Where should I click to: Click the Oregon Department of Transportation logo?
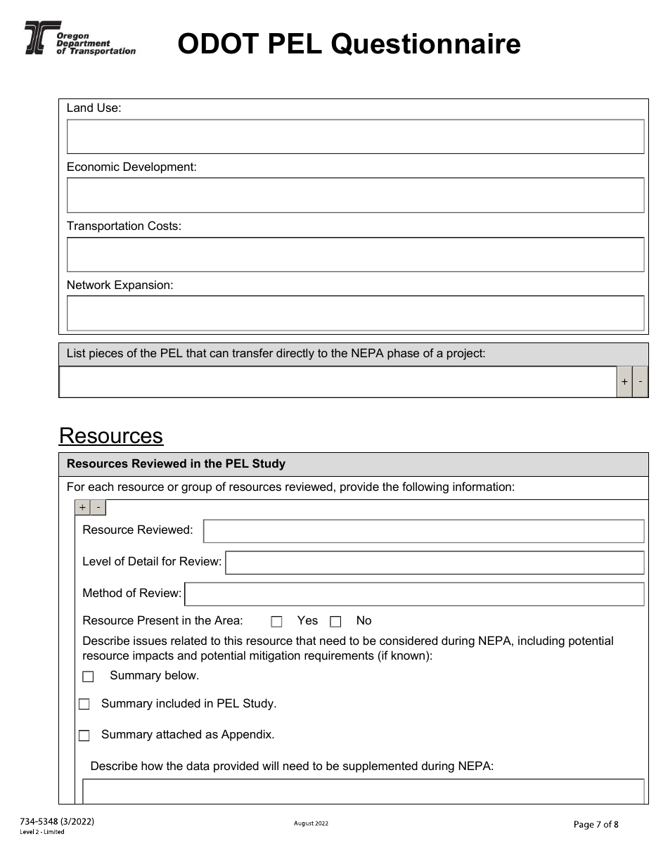tap(79, 39)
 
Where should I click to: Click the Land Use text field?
tap(355, 136)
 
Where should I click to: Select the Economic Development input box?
tap(355, 195)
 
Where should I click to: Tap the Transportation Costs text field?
tap(355, 254)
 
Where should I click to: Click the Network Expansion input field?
tap(355, 313)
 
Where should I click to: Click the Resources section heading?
tap(111, 436)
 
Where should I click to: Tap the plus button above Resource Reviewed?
tap(83, 507)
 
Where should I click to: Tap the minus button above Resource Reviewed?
tap(98, 507)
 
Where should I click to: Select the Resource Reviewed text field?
tap(423, 531)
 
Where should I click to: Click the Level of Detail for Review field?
tap(435, 562)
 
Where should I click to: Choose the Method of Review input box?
tap(414, 594)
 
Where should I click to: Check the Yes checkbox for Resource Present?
tap(276, 622)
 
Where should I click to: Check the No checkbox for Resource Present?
tap(335, 622)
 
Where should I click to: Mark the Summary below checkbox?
tap(88, 677)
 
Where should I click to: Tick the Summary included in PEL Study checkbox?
tap(84, 705)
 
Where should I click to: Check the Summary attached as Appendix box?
tap(84, 736)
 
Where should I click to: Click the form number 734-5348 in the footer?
tap(57, 821)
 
